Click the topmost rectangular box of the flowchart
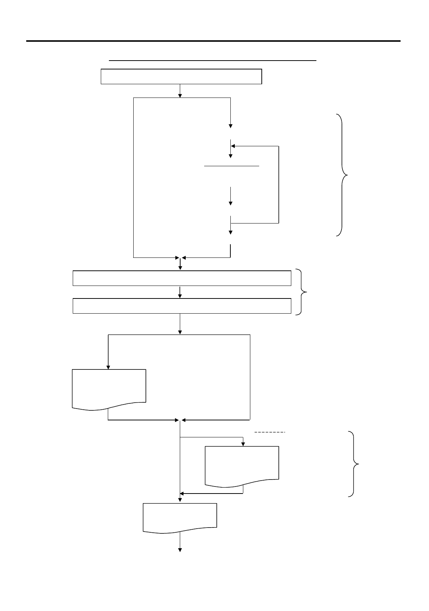click(181, 76)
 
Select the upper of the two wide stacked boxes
click(182, 278)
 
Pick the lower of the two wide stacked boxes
click(182, 306)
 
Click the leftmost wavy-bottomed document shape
click(109, 388)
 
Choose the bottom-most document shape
click(180, 516)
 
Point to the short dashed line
click(270, 432)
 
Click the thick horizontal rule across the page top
click(213, 41)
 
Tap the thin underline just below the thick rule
click(213, 60)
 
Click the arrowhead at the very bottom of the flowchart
click(180, 550)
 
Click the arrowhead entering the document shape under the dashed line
click(243, 444)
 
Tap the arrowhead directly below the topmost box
click(180, 95)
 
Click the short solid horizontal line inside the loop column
click(232, 166)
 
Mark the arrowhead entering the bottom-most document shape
click(180, 501)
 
